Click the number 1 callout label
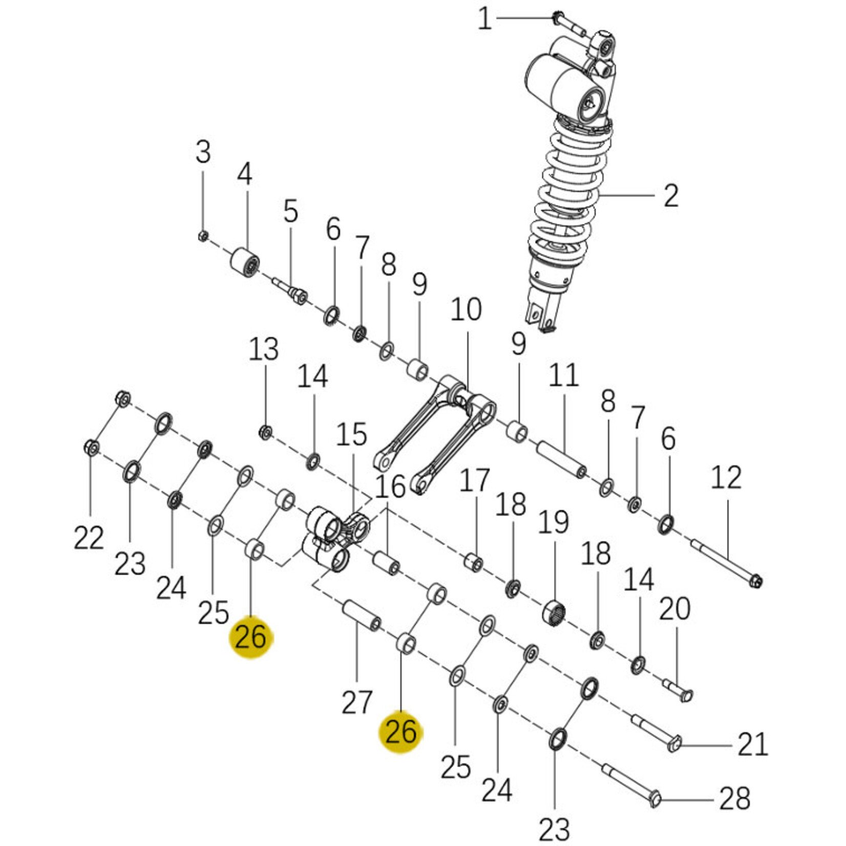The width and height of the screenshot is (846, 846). coord(484,19)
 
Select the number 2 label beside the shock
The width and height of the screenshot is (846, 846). coord(670,196)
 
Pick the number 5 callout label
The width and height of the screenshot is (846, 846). coord(290,211)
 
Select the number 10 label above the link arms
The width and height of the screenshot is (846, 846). coord(466,310)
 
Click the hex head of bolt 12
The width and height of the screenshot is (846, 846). coord(755,581)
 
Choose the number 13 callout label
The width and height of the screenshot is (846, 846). coord(264,349)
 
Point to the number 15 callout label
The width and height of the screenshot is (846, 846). coord(352,434)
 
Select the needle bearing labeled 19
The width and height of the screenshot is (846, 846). coord(554,612)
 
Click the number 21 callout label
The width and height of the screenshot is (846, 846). coord(753,745)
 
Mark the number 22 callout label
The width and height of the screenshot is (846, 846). coord(89,538)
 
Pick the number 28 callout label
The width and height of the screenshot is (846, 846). coord(735,799)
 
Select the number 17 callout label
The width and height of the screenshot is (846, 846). coord(474,481)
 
